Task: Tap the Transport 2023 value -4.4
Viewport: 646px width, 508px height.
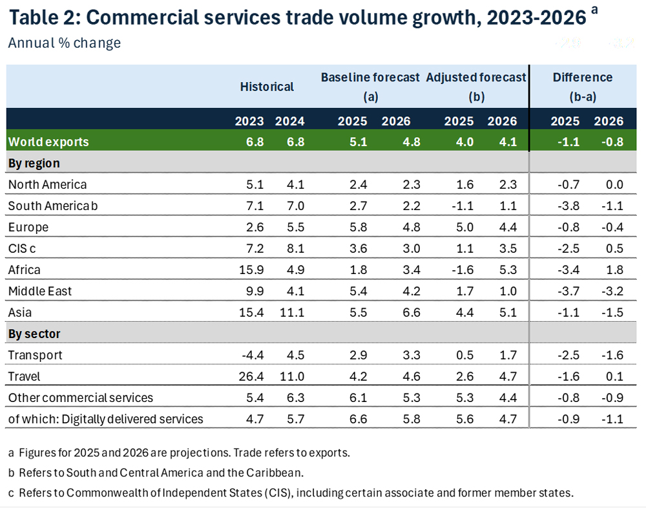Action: (x=252, y=355)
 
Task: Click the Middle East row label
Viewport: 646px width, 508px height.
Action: (x=40, y=291)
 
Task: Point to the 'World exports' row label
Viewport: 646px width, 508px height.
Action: (x=48, y=142)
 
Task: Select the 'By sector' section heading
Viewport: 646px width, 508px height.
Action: (x=35, y=333)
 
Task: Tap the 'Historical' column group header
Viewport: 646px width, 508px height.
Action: (x=267, y=87)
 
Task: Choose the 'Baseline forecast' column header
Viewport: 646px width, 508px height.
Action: (x=371, y=78)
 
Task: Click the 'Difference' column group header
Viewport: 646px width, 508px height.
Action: (x=583, y=78)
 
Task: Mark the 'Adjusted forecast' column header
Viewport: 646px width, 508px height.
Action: (x=476, y=78)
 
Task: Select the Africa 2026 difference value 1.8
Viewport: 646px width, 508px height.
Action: (x=614, y=270)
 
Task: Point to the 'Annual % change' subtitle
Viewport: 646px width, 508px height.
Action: (x=65, y=43)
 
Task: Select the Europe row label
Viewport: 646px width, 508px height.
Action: (x=28, y=227)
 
